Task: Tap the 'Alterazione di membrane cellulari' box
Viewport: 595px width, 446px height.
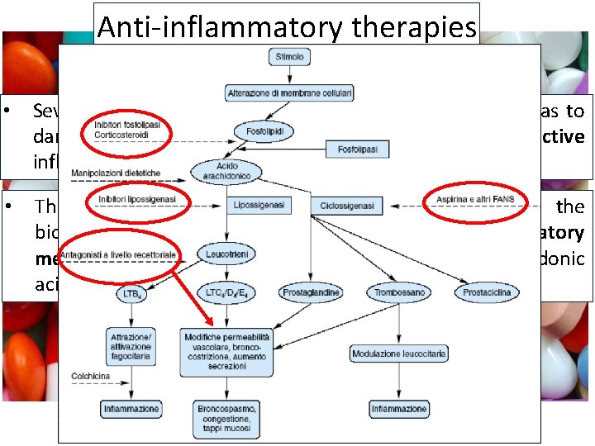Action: tap(290, 94)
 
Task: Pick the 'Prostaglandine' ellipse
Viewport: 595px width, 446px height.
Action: tap(311, 292)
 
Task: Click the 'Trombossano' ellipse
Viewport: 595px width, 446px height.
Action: tap(399, 292)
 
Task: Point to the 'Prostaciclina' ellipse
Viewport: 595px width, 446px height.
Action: tap(487, 292)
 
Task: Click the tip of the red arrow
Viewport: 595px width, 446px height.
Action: tap(214, 324)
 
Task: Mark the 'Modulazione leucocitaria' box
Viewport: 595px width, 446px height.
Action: tap(399, 353)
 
